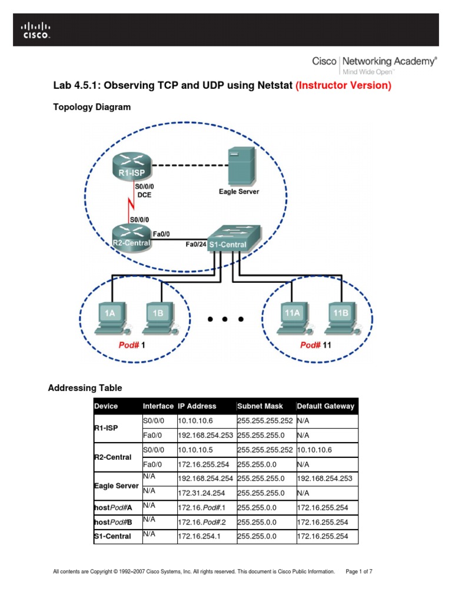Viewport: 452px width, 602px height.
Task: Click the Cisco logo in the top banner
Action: point(36,30)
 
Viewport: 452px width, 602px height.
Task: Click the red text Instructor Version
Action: point(343,86)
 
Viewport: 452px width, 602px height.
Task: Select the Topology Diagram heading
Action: point(92,107)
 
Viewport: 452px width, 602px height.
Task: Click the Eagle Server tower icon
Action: point(241,165)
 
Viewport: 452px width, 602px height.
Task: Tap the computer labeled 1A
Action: point(111,318)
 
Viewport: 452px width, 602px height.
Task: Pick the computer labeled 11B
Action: point(340,318)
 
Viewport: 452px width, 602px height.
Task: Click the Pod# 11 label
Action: point(315,345)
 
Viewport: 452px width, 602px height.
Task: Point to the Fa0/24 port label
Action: point(196,243)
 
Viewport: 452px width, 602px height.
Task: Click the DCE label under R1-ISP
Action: point(144,195)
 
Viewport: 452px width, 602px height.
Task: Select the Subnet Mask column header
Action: point(260,406)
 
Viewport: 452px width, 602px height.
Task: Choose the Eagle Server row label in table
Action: point(117,486)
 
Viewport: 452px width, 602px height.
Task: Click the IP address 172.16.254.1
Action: point(199,536)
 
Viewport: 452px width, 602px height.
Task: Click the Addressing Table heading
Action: point(85,388)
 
